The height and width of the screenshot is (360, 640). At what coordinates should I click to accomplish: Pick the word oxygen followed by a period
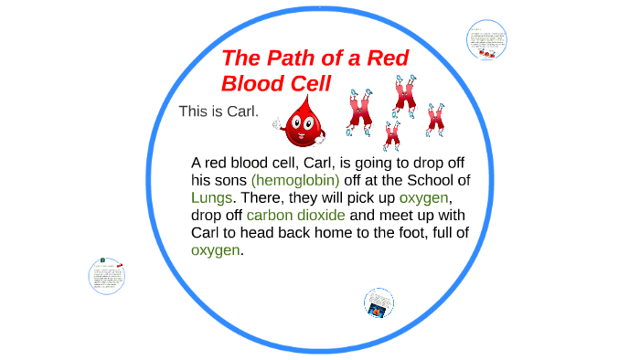(216, 249)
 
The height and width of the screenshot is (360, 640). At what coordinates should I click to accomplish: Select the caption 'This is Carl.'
(219, 111)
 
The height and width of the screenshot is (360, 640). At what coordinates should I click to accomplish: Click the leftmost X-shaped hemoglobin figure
(359, 108)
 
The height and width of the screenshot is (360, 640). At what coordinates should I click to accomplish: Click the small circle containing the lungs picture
(378, 302)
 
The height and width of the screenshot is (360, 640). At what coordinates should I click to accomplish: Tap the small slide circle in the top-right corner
(486, 41)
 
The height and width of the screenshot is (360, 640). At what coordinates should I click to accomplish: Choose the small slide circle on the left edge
(107, 274)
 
